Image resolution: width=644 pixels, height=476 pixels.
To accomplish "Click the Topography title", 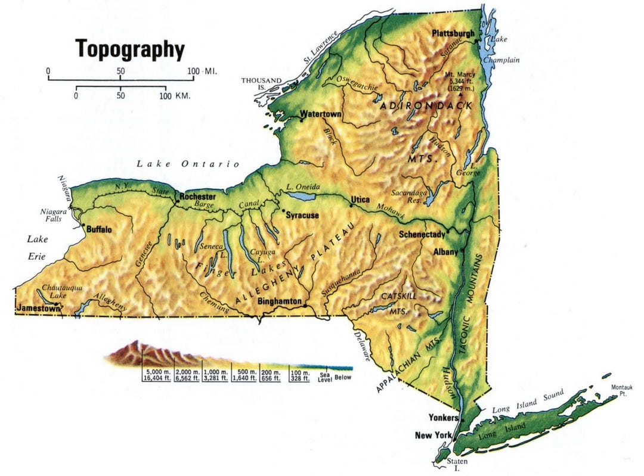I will point(129,49).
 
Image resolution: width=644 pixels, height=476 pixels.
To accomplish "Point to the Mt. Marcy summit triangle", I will point(460,94).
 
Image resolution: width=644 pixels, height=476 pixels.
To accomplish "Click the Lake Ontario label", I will point(187,164).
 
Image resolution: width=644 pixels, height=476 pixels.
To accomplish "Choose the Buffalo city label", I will point(100,229).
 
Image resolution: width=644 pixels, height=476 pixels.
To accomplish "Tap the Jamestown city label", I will point(39,310).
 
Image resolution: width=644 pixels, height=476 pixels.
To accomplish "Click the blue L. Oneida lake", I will point(302,195).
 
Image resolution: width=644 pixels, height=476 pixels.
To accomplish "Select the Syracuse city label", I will point(302,214).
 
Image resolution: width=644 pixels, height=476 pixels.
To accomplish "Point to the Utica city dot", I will point(352,206).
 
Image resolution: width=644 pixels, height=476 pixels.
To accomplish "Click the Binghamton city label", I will point(279,301).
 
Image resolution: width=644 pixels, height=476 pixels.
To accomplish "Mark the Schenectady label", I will point(422,234).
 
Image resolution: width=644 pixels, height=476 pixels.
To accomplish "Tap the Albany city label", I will point(445,251).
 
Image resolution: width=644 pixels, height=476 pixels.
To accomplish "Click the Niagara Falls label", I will point(52,214).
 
